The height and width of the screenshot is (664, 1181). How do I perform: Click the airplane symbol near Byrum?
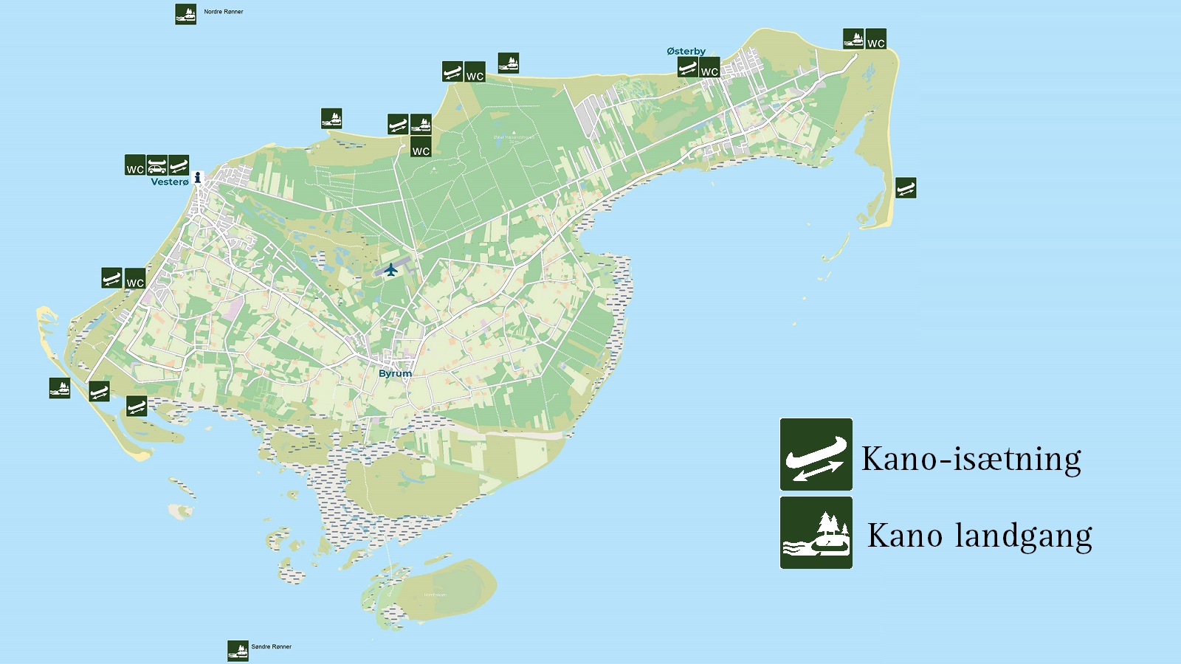pyautogui.click(x=391, y=269)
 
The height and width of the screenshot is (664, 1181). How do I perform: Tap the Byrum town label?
pyautogui.click(x=395, y=373)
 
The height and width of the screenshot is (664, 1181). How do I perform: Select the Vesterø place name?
pyautogui.click(x=170, y=182)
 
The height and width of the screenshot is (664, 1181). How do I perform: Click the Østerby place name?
pyautogui.click(x=686, y=51)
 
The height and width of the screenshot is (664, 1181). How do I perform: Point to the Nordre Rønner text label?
pyautogui.click(x=223, y=12)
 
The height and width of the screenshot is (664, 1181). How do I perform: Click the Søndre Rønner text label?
pyautogui.click(x=271, y=647)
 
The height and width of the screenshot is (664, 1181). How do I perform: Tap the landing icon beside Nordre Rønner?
pyautogui.click(x=185, y=14)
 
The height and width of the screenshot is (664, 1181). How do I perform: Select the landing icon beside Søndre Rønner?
pyautogui.click(x=238, y=650)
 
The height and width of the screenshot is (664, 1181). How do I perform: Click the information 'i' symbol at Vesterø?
pyautogui.click(x=198, y=177)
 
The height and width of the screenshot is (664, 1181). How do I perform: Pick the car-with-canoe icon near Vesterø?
pyautogui.click(x=156, y=165)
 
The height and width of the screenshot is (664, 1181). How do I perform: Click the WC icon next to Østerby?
pyautogui.click(x=709, y=68)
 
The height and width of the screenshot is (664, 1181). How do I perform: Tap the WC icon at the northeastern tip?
pyautogui.click(x=875, y=39)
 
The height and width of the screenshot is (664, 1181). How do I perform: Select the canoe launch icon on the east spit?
pyautogui.click(x=906, y=187)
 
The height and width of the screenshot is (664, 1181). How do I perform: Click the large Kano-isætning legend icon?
pyautogui.click(x=816, y=454)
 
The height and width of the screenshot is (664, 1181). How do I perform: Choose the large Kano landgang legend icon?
pyautogui.click(x=816, y=533)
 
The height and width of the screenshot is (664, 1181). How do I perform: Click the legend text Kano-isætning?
pyautogui.click(x=971, y=459)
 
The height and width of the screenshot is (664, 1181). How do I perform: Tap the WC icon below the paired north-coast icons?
pyautogui.click(x=421, y=147)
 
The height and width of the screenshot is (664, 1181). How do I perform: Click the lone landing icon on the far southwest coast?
pyautogui.click(x=60, y=388)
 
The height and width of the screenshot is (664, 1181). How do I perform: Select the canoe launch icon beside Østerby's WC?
pyautogui.click(x=687, y=68)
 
